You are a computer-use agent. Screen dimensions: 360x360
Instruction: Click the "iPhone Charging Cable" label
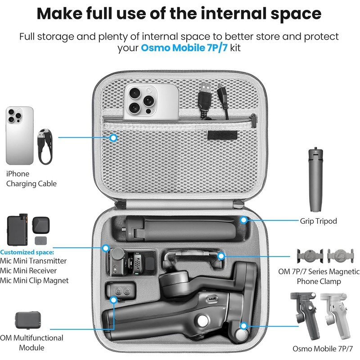point(31,179)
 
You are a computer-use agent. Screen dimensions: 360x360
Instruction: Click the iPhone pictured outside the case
point(19,135)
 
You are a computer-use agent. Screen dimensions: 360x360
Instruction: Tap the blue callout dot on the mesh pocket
point(114,137)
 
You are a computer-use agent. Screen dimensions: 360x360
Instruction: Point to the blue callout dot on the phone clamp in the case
point(221,256)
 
